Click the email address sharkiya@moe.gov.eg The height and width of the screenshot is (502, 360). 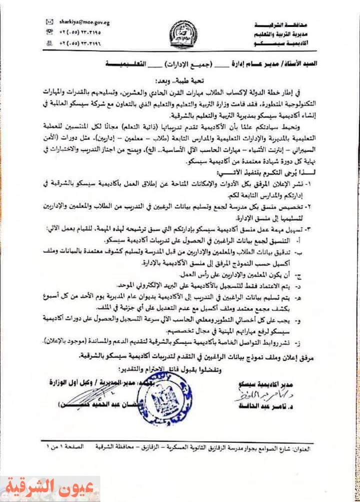80,22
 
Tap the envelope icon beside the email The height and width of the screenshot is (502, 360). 49,22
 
